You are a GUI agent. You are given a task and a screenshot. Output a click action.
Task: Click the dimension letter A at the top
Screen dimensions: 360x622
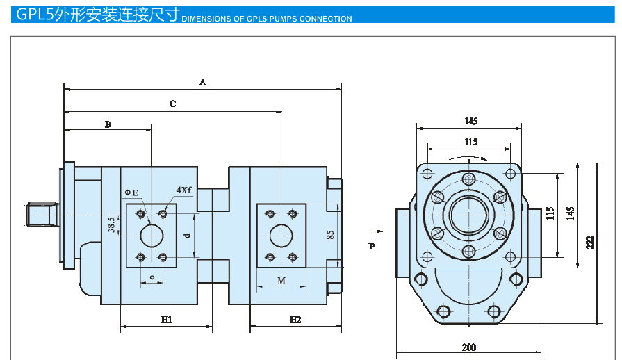(x=203, y=82)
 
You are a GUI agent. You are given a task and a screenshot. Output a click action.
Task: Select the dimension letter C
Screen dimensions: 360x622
(x=172, y=104)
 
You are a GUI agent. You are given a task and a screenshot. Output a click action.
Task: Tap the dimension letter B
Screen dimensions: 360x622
(x=108, y=124)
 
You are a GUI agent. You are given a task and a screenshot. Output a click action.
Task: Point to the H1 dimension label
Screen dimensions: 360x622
(x=167, y=320)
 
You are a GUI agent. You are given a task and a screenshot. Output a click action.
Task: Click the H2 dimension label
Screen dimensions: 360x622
(x=295, y=320)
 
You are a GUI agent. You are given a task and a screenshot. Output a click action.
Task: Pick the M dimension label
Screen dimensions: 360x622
(x=281, y=281)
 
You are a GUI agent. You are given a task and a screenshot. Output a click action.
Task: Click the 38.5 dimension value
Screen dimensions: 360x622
(x=112, y=224)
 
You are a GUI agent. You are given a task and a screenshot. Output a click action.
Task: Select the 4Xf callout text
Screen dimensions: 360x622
(x=183, y=189)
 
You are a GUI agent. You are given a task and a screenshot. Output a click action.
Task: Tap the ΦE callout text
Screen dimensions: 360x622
(x=131, y=191)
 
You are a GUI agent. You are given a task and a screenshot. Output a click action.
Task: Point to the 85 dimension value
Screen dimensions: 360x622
(x=331, y=236)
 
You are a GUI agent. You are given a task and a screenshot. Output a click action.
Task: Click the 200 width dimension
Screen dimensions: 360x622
(x=469, y=347)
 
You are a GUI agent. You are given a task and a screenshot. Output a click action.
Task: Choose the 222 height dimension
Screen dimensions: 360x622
(x=590, y=242)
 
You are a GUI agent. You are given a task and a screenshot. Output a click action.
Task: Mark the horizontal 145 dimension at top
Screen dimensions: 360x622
(x=471, y=122)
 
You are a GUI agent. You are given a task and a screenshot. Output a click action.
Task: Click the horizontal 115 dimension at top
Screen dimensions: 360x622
(x=471, y=142)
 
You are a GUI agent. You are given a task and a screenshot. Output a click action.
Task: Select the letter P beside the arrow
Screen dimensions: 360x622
(x=372, y=246)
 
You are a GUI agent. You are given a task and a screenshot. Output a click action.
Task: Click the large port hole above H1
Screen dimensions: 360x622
(x=151, y=236)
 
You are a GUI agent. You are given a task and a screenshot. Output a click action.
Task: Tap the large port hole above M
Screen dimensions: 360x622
(x=281, y=236)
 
